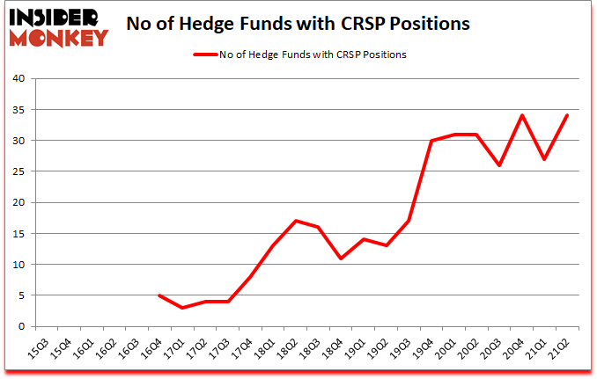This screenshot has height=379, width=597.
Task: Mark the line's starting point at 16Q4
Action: click(x=158, y=295)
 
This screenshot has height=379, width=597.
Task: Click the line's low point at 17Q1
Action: click(x=181, y=308)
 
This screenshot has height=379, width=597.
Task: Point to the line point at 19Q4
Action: click(x=432, y=141)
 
